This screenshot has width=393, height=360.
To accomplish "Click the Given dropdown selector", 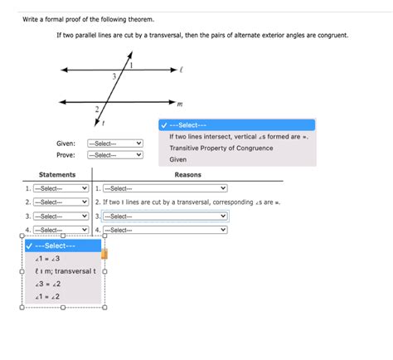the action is (115, 144).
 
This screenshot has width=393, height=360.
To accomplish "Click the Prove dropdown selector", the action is (115, 155).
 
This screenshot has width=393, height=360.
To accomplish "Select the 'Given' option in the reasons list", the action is (178, 159).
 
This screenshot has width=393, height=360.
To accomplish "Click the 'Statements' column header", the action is (57, 175).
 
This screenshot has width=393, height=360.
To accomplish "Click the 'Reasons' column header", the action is (188, 175).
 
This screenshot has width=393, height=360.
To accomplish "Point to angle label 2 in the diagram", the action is (97, 109).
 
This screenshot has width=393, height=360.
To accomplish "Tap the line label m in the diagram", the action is (180, 104).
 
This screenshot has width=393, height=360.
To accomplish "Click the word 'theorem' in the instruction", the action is (139, 18).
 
